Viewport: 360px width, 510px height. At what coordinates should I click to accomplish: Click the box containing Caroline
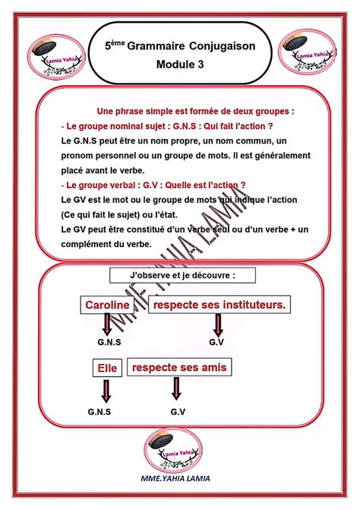pos(107,305)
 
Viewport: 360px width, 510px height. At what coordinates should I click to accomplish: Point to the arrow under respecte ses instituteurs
pos(217,325)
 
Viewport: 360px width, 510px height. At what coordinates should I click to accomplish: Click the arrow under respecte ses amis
pos(177,389)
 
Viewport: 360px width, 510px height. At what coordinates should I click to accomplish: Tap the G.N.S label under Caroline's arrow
pos(105,344)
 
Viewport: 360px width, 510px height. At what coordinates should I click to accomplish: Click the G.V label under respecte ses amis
pos(178,411)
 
